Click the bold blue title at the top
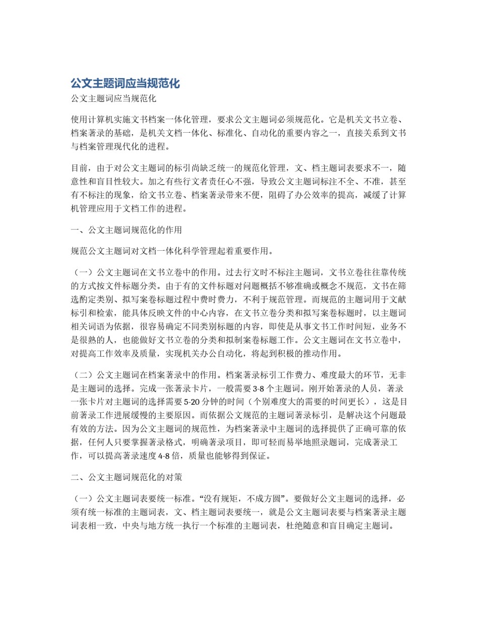click(125, 83)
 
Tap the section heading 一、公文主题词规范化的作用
click(127, 230)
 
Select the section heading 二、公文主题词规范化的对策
click(127, 477)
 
